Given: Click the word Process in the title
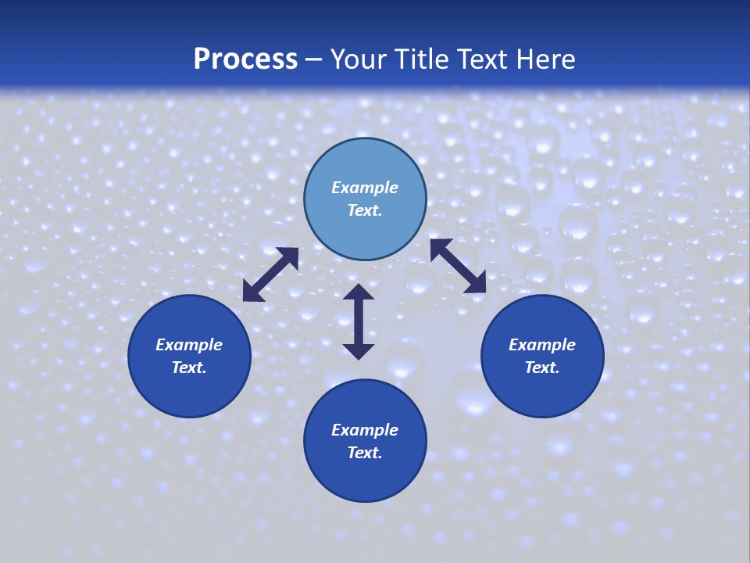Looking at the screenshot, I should pos(245,59).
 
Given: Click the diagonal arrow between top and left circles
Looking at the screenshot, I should pos(270,274).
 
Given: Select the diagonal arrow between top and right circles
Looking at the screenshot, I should pos(458,267).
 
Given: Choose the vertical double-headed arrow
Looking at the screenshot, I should pos(359,321).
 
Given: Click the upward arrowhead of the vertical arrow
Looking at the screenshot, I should pos(359,292).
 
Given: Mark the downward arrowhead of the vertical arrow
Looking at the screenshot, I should pos(359,350).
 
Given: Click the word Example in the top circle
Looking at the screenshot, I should pos(365,188).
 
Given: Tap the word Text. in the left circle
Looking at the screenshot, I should pos(189,368).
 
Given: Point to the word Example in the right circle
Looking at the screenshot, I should pos(542,345).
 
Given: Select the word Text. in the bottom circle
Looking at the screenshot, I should pos(365,453).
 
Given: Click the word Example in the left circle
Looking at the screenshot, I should pos(189,345).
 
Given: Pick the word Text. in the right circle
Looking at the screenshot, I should pos(542,368).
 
